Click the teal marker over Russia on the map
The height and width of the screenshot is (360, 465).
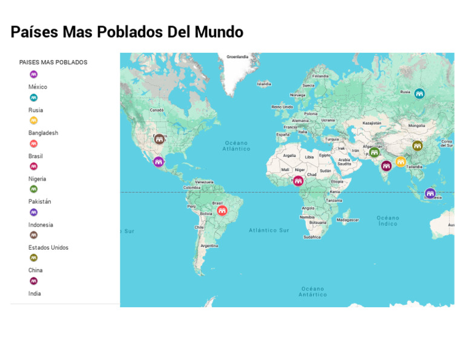pos(419,93)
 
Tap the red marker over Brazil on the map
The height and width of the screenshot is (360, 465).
pos(222,210)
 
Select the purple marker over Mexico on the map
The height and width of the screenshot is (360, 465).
pos(159,162)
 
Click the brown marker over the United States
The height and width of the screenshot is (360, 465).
pos(159,139)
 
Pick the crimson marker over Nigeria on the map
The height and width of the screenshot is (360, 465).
pos(298,180)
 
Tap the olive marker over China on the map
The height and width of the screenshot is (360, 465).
pos(417,145)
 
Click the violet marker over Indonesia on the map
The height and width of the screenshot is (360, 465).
pos(430,193)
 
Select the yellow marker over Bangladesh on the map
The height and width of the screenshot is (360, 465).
pos(400,161)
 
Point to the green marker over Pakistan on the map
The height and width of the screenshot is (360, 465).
pos(374,152)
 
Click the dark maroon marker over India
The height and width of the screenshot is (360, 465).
pos(386,165)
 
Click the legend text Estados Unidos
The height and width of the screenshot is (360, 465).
pos(48,247)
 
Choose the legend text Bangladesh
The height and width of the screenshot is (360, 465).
pos(43,133)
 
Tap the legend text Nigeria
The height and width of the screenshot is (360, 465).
pos(37,179)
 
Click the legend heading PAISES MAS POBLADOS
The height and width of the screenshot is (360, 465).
pos(53,62)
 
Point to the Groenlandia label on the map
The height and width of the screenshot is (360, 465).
pos(237,57)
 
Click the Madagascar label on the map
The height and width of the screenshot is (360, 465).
pos(348,219)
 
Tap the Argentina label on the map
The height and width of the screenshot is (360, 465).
pos(209,245)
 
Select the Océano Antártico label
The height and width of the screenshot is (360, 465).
pos(312,292)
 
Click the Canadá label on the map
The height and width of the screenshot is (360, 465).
pos(157,110)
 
